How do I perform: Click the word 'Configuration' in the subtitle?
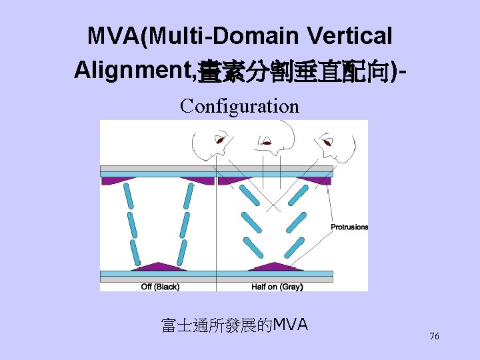click(239, 106)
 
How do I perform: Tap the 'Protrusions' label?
click(349, 227)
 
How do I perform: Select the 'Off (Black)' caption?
click(160, 287)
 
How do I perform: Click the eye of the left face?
click(219, 140)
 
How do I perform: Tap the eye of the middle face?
click(266, 141)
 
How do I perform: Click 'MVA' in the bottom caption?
click(291, 325)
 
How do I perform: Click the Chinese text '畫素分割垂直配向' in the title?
click(296, 69)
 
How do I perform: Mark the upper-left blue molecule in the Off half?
click(128, 195)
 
